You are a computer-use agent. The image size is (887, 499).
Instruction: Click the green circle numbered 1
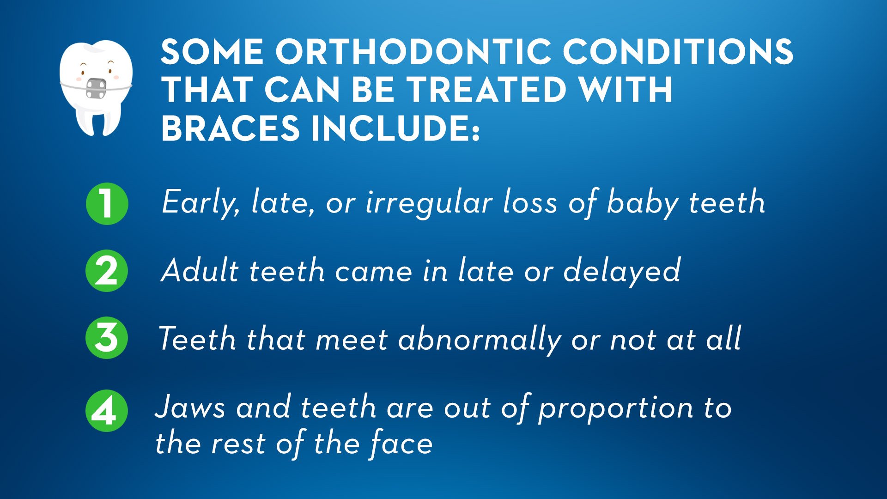point(107,204)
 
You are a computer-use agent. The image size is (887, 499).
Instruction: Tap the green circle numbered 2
point(107,271)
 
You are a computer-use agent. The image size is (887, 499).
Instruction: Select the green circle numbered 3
point(107,338)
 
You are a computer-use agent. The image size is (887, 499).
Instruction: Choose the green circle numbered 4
point(107,411)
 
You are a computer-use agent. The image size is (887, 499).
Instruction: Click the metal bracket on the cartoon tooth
point(96,89)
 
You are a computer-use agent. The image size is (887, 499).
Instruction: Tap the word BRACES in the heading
point(231,128)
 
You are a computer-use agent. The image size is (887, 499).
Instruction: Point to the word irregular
point(429,203)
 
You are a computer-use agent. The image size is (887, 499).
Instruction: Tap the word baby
point(642,203)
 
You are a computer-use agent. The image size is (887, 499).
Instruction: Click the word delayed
point(622,271)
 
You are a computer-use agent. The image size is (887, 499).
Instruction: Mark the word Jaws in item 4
point(190,407)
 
